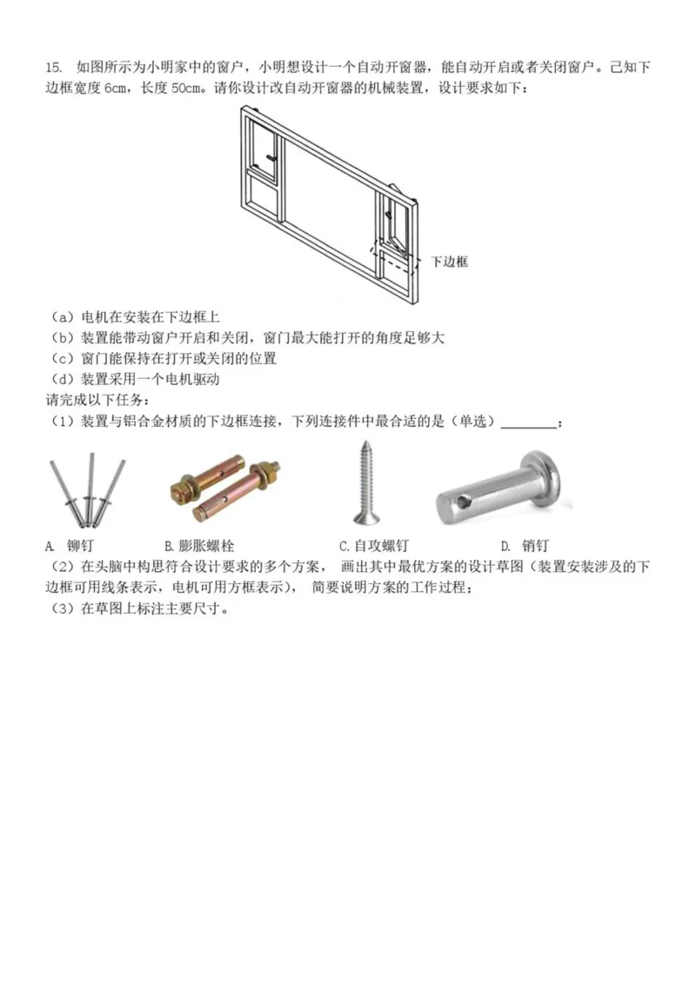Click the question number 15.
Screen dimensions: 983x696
[54, 68]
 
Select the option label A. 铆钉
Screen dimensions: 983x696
[69, 546]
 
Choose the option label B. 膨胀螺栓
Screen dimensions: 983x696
[199, 546]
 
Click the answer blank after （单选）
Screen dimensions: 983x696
[529, 422]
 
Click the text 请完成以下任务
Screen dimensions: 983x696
[95, 401]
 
